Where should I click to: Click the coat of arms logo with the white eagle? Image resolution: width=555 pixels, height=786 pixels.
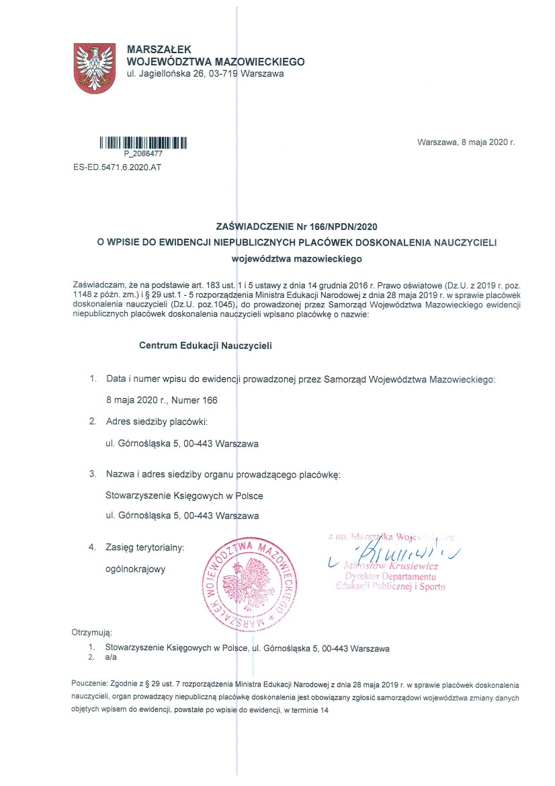93,68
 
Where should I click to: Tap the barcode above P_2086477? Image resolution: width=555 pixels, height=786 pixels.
143,143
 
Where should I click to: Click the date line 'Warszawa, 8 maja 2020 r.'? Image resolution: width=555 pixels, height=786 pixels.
466,143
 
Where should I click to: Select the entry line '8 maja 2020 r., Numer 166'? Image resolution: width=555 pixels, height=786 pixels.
162,401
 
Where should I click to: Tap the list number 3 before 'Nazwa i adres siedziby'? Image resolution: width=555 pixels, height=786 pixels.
93,475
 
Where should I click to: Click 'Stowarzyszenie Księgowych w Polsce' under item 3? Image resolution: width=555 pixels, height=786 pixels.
185,496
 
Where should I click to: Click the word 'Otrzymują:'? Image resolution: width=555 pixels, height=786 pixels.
91,633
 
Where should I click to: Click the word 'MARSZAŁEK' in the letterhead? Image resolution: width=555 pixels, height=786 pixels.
159,49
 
